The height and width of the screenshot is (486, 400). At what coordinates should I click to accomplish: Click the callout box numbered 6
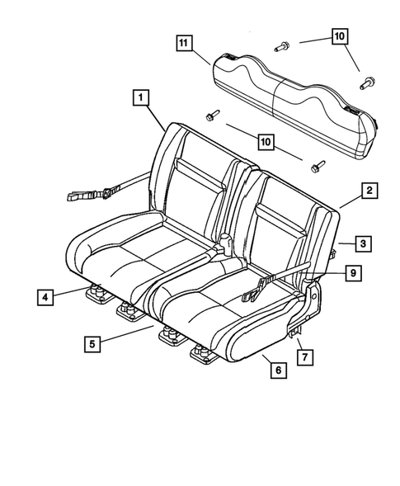tap(278, 370)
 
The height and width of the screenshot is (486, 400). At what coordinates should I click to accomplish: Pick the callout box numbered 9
tap(352, 272)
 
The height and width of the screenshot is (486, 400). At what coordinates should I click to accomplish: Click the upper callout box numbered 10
tap(340, 35)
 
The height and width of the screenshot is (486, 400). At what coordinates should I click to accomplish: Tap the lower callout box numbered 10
tap(265, 143)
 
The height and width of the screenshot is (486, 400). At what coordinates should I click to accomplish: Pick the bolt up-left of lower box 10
tap(212, 115)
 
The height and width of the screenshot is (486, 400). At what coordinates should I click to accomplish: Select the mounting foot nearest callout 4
tap(96, 290)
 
